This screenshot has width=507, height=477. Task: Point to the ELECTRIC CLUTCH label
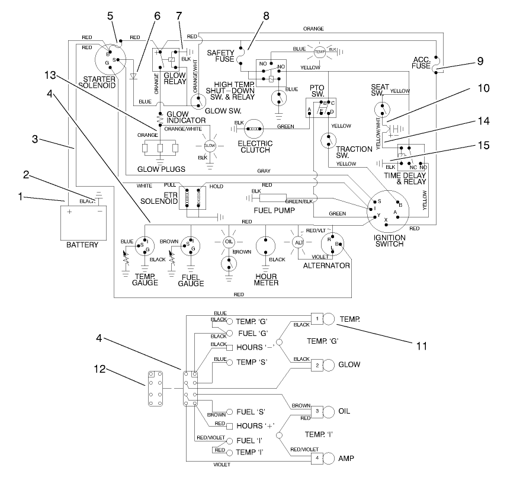255,146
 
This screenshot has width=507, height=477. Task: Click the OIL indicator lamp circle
229,242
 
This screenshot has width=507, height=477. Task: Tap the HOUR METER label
266,278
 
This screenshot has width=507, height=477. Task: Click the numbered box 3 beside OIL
317,410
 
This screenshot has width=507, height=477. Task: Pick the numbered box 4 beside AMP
317,457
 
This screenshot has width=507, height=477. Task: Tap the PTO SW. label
317,91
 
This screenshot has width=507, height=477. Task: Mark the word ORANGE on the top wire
313,28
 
